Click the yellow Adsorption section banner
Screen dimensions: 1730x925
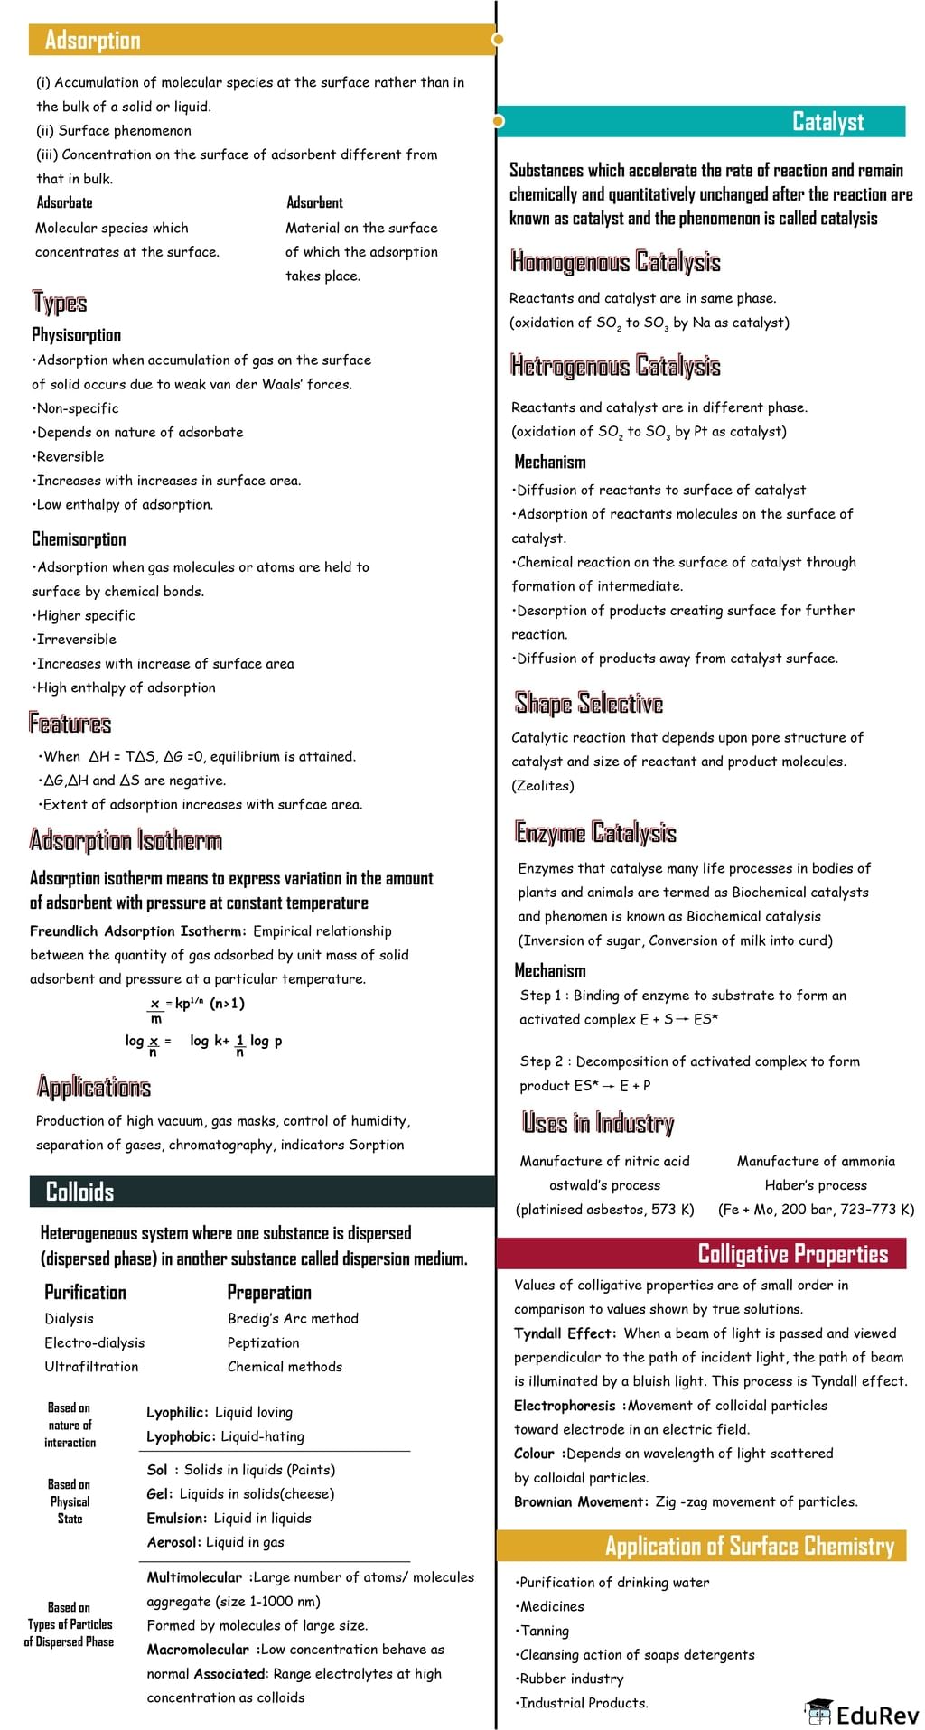[262, 40]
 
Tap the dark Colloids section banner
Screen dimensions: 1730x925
[262, 1192]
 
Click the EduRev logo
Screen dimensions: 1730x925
[862, 1713]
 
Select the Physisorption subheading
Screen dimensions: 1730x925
[76, 335]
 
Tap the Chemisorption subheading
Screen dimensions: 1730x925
[79, 539]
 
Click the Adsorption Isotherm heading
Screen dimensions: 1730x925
[126, 841]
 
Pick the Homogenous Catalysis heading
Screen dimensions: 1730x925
[615, 262]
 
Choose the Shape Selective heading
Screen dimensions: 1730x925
[589, 703]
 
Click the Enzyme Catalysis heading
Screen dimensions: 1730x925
[595, 832]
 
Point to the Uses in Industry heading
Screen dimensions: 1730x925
[598, 1123]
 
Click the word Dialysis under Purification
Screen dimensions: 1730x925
[69, 1319]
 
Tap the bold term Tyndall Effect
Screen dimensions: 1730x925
[565, 1333]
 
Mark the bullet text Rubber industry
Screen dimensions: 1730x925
[572, 1679]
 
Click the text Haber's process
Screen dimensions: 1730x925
[816, 1185]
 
